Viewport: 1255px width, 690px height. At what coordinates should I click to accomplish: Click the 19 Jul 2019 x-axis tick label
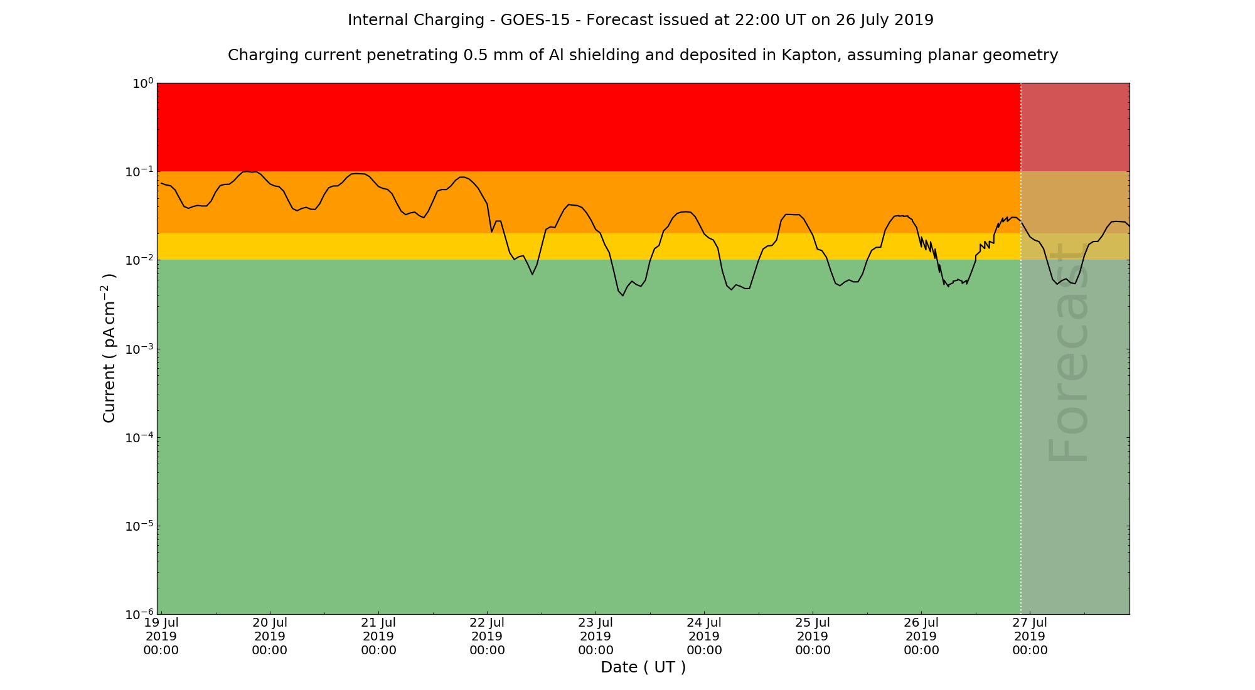pyautogui.click(x=161, y=636)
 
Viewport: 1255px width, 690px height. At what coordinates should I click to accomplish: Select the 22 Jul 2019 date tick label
pyautogui.click(x=487, y=636)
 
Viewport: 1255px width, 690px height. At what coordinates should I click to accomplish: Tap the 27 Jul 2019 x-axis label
pyautogui.click(x=1030, y=636)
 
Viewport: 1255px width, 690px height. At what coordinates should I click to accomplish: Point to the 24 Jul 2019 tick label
pyautogui.click(x=704, y=636)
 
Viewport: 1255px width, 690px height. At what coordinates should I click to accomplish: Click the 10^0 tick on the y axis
pyautogui.click(x=142, y=83)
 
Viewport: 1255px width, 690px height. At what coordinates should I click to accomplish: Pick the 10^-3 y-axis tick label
pyautogui.click(x=139, y=349)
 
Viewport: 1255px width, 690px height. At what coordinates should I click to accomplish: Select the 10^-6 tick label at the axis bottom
pyautogui.click(x=139, y=614)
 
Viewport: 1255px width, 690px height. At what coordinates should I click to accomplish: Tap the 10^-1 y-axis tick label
pyautogui.click(x=139, y=172)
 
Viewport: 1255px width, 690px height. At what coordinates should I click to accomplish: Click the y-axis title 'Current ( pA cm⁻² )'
pyautogui.click(x=109, y=348)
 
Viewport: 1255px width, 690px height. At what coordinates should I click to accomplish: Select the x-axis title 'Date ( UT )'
pyautogui.click(x=643, y=667)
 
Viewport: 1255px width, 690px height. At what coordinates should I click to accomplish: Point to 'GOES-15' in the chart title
pyautogui.click(x=535, y=20)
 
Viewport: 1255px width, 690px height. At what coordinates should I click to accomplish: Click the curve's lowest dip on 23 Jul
pyautogui.click(x=622, y=295)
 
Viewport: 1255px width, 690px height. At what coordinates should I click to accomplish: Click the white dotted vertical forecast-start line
pyautogui.click(x=1021, y=376)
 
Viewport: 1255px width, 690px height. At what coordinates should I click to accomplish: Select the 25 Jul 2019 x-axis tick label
pyautogui.click(x=813, y=636)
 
